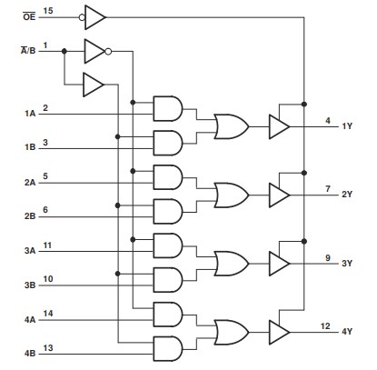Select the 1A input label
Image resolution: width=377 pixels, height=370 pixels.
[x=30, y=115]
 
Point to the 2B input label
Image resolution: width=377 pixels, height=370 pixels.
[x=30, y=217]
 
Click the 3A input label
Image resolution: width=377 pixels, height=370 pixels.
[x=30, y=250]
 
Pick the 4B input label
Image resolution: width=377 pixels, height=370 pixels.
[x=30, y=352]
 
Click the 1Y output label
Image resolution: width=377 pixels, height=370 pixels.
[x=347, y=126]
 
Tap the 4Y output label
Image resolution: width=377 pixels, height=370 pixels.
[x=347, y=330]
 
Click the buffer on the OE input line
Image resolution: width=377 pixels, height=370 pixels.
[x=94, y=15]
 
